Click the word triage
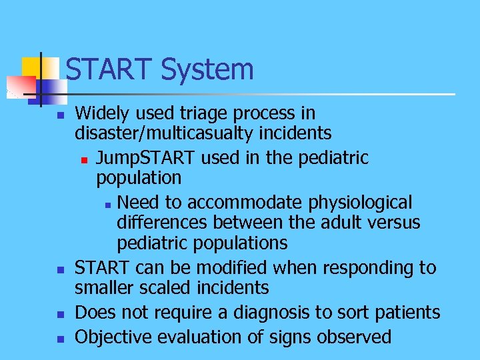(x=203, y=113)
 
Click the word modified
(x=225, y=268)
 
